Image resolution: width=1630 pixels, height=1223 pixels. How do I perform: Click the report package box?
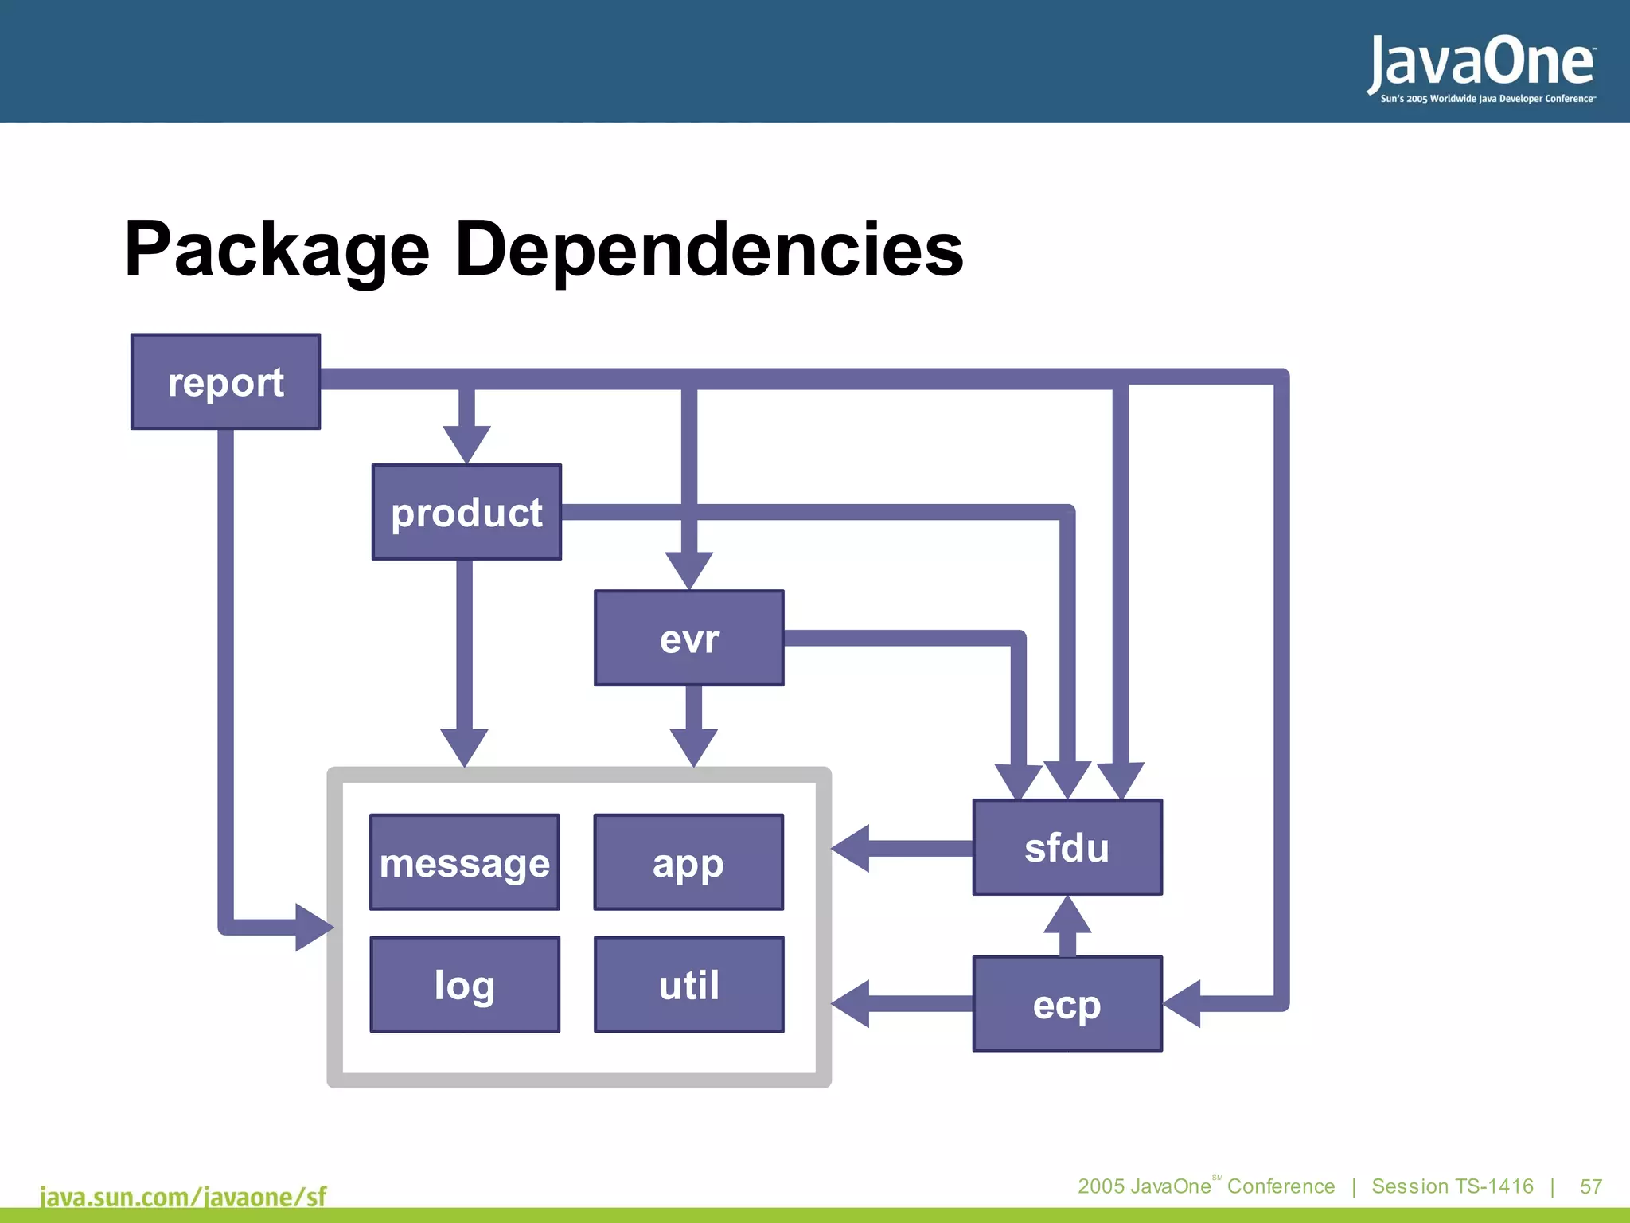coord(225,382)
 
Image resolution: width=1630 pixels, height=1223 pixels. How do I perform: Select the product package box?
coord(466,512)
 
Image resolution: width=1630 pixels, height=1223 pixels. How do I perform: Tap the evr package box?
coord(689,638)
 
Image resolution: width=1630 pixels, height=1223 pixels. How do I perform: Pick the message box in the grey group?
coord(465,862)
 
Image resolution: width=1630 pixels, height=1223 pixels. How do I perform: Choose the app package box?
coord(689,862)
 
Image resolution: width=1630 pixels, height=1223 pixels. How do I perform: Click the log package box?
coord(465,985)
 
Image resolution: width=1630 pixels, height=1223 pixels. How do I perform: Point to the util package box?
coord(689,985)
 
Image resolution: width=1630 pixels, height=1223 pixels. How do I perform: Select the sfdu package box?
coord(1067,847)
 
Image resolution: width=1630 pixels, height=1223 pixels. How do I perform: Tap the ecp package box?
coord(1067,1004)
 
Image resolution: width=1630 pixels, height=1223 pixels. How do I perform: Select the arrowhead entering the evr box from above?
coord(689,569)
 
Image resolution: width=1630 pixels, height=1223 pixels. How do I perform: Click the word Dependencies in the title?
coord(708,249)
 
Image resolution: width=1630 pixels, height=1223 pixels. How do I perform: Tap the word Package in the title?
coord(277,249)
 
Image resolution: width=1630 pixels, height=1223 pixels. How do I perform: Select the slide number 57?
coord(1590,1186)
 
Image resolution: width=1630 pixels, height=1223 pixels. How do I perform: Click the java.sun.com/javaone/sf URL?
coord(183,1197)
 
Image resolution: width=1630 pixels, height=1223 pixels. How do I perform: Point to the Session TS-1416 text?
coord(1452,1186)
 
